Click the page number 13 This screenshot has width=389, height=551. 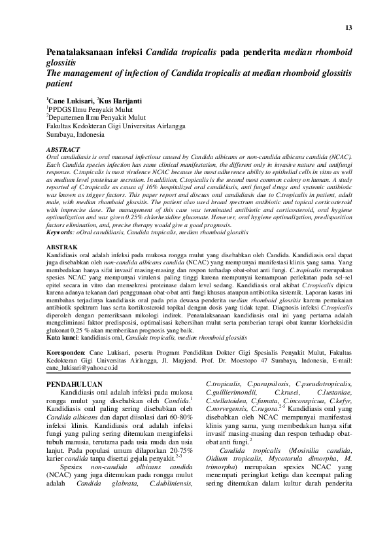click(348, 27)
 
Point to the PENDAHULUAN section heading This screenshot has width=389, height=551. click(76, 385)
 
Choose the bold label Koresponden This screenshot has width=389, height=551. click(68, 351)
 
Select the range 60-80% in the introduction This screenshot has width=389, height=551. click(180, 419)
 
